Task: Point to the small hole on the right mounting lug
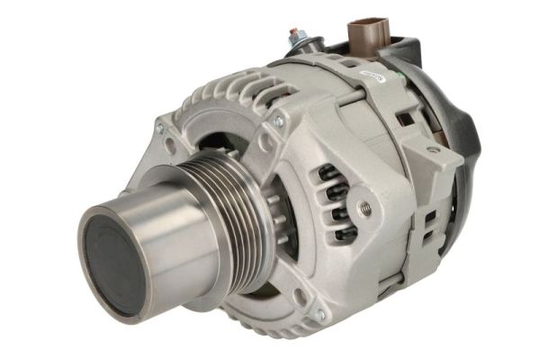(x=432, y=149)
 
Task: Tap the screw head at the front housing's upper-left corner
(x=160, y=129)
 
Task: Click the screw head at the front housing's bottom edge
(x=319, y=314)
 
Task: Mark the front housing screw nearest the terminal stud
(x=277, y=121)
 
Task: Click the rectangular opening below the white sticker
(x=405, y=118)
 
